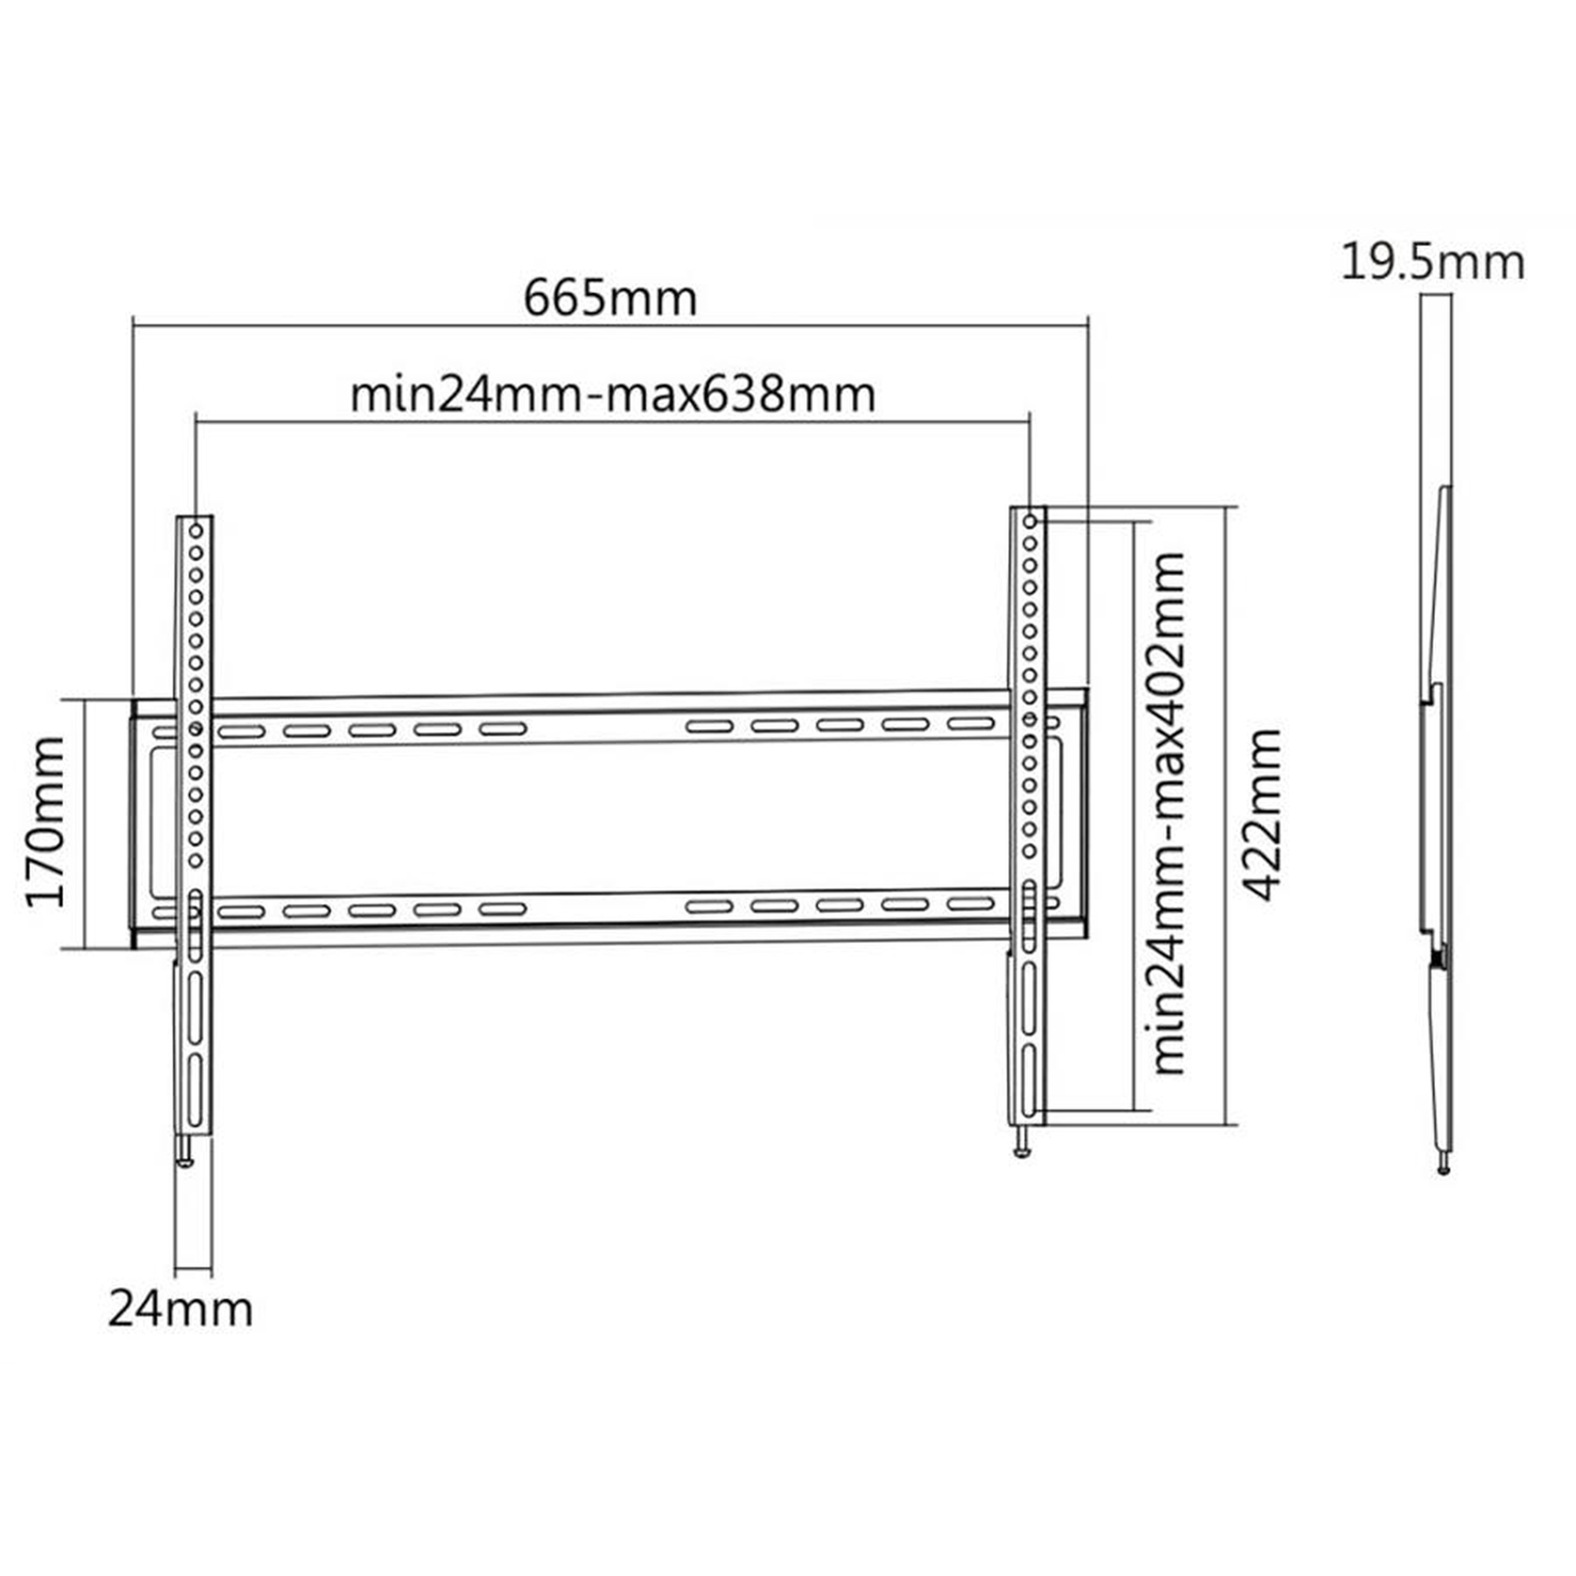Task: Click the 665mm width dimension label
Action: pyautogui.click(x=610, y=299)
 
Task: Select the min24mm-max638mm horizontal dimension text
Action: pyautogui.click(x=612, y=395)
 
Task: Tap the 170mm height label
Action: pyautogui.click(x=46, y=822)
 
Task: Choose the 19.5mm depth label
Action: pyautogui.click(x=1433, y=263)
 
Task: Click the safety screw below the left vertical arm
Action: pyautogui.click(x=186, y=1150)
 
